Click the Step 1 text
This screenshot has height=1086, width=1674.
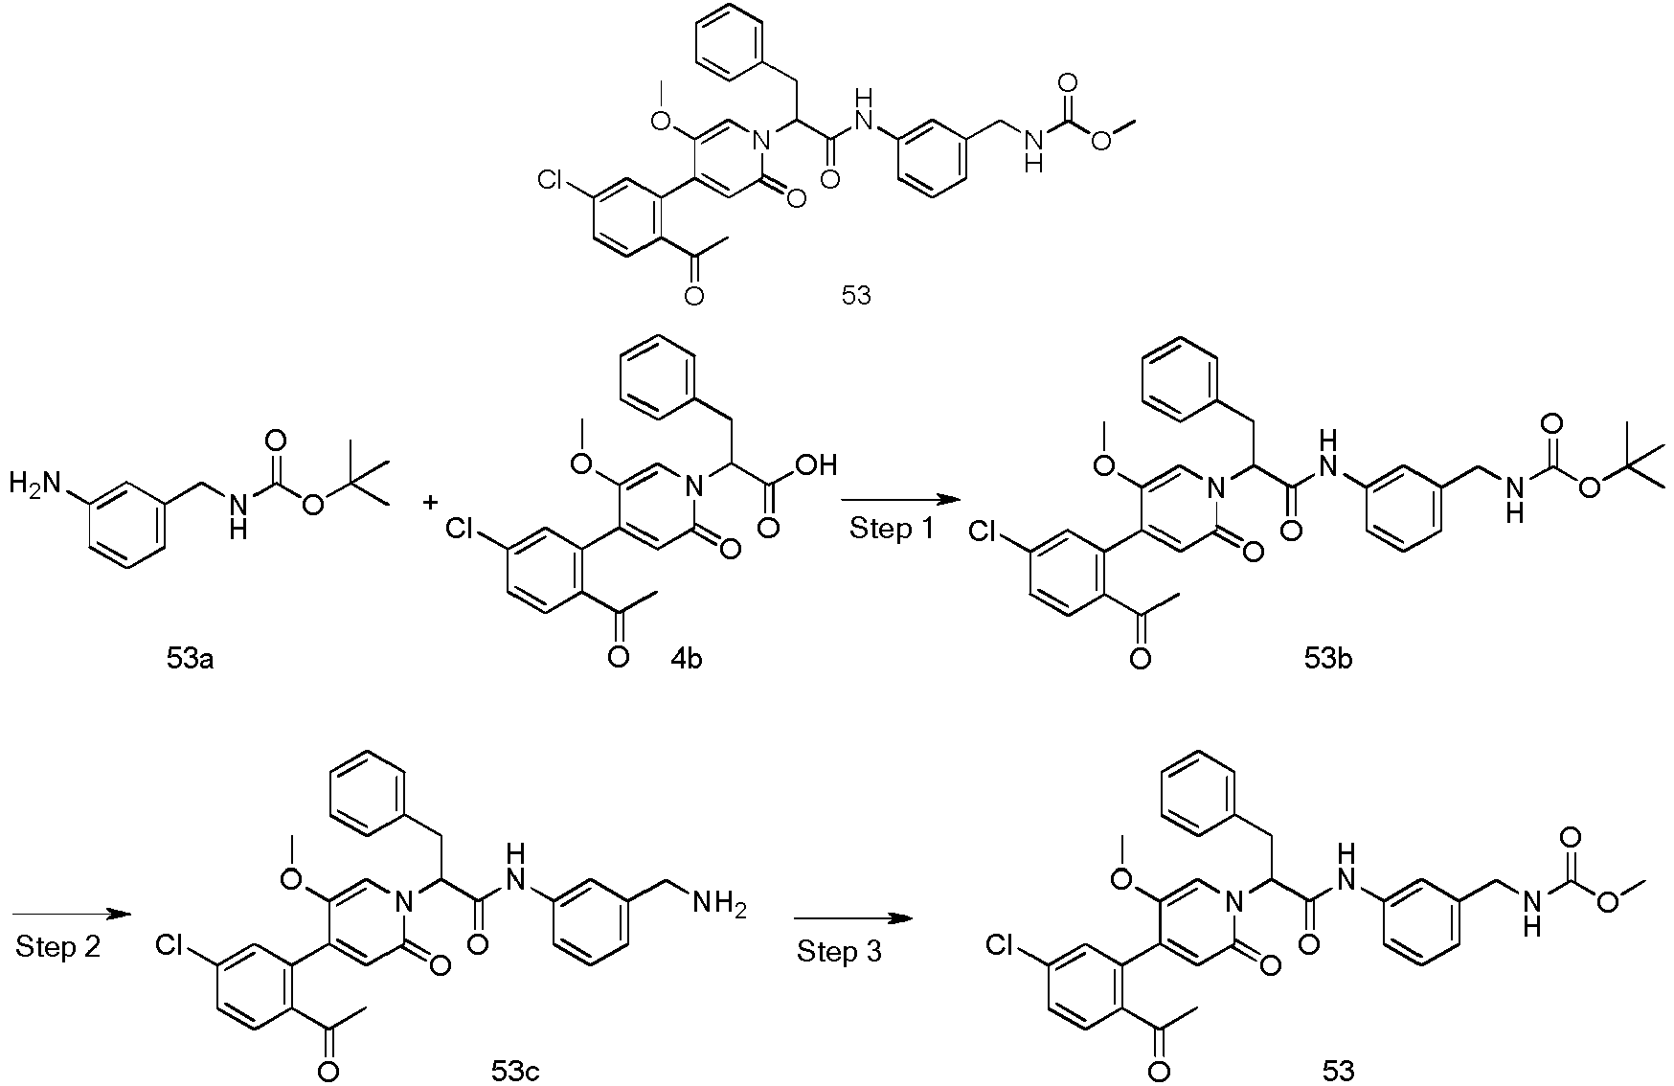point(892,529)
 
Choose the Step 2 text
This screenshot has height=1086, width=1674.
point(58,947)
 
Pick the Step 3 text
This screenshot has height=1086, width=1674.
point(840,952)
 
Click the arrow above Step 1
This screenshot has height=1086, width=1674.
point(899,500)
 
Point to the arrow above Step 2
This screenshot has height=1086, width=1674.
point(72,915)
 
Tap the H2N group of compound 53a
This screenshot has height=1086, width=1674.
point(35,485)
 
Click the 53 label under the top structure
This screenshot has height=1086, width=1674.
point(856,295)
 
